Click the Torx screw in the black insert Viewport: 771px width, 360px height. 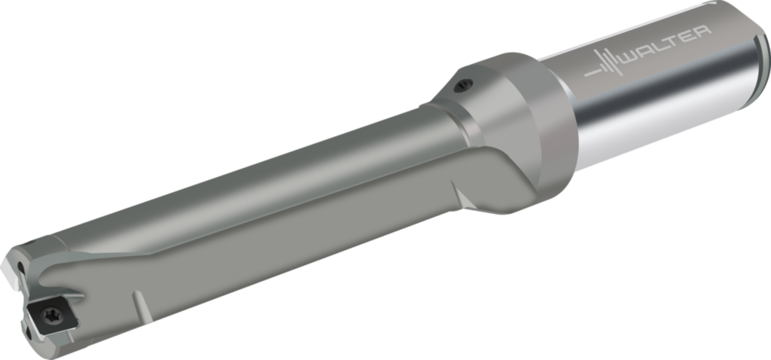point(51,314)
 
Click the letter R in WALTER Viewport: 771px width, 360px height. point(703,34)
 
